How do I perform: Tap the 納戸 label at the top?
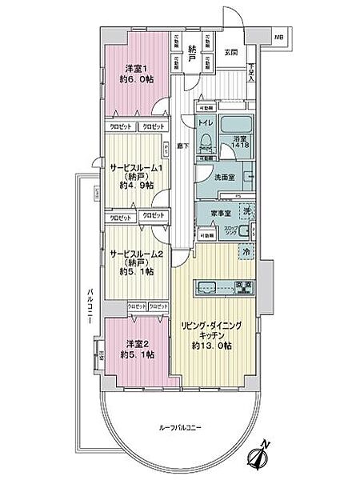point(192,50)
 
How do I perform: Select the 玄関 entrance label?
point(231,52)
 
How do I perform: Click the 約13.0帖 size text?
point(212,346)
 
